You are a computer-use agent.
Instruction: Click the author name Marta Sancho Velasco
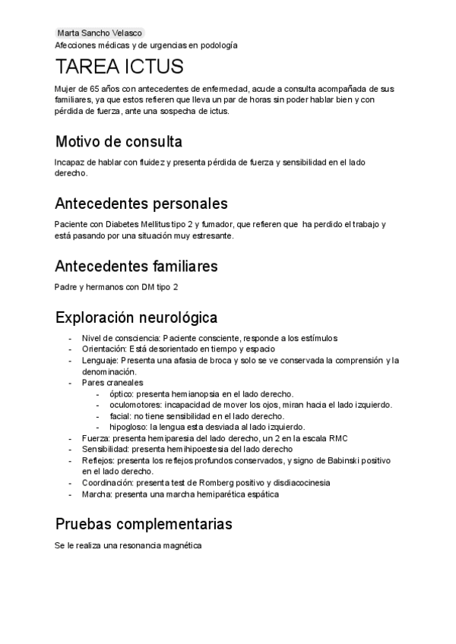[100, 33]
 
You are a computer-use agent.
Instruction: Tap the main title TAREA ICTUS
[119, 68]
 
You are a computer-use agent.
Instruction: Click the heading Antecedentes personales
[141, 204]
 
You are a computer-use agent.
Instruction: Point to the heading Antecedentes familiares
[137, 266]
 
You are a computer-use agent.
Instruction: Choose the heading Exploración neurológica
[137, 316]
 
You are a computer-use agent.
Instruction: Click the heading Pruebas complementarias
[144, 524]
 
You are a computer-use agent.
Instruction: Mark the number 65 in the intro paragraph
[94, 89]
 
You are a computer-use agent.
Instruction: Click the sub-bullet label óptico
[121, 394]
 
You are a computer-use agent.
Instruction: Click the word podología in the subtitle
[217, 46]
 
